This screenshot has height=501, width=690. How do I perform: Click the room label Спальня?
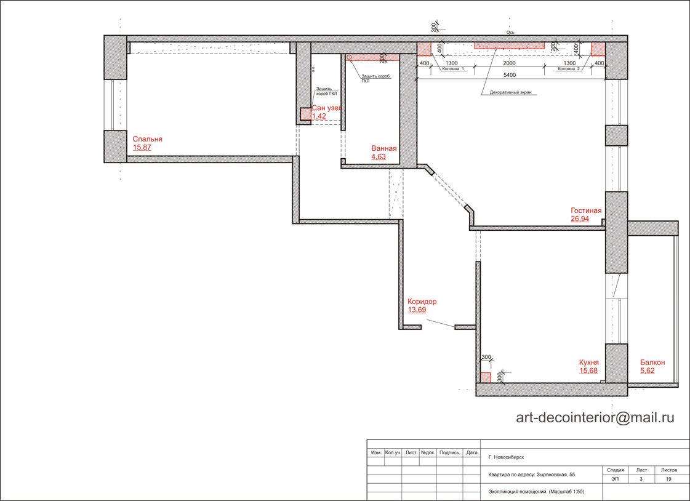pyautogui.click(x=147, y=139)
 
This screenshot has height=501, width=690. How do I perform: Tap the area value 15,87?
pyautogui.click(x=142, y=147)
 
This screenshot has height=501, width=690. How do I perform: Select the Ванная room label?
pyautogui.click(x=383, y=149)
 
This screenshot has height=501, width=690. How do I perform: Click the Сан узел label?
pyautogui.click(x=326, y=108)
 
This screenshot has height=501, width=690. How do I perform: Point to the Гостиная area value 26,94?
pyautogui.click(x=580, y=218)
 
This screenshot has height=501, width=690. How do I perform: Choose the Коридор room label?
pyautogui.click(x=422, y=302)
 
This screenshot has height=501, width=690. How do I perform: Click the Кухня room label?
pyautogui.click(x=589, y=363)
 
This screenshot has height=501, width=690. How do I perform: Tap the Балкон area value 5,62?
pyautogui.click(x=648, y=371)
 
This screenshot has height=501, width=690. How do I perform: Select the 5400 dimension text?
pyautogui.click(x=509, y=75)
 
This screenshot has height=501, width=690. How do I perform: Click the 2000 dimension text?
pyautogui.click(x=509, y=63)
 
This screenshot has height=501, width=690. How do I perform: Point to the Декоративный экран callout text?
pyautogui.click(x=510, y=93)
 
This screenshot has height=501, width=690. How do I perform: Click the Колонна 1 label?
pyautogui.click(x=453, y=69)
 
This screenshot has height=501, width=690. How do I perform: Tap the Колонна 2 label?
pyautogui.click(x=569, y=69)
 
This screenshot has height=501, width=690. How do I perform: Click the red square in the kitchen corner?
pyautogui.click(x=486, y=377)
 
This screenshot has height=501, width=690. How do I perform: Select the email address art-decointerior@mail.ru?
pyautogui.click(x=595, y=417)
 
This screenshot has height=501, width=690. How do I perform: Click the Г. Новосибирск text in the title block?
pyautogui.click(x=506, y=457)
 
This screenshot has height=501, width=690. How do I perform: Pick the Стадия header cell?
pyautogui.click(x=615, y=470)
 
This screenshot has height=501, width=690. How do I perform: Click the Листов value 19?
pyautogui.click(x=668, y=479)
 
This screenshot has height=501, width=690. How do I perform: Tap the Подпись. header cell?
pyautogui.click(x=450, y=452)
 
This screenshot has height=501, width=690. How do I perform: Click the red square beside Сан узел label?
pyautogui.click(x=306, y=113)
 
